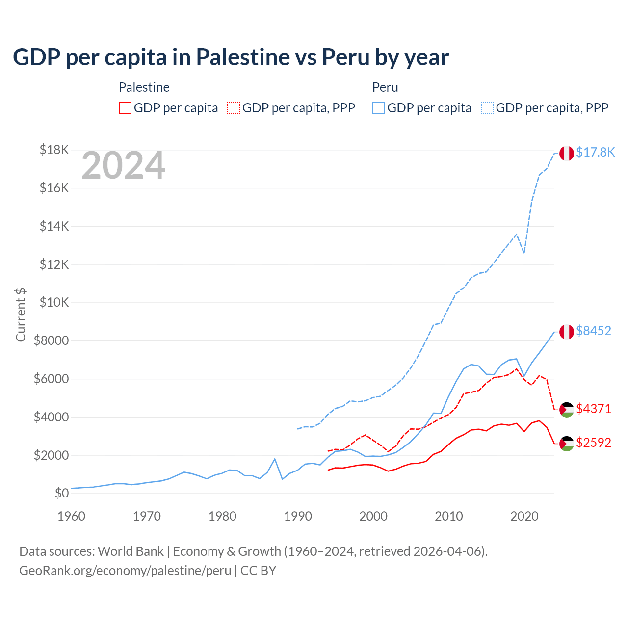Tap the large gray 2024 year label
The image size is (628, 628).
123,166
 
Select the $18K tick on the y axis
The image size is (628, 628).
54,150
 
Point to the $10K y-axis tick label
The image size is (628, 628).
54,302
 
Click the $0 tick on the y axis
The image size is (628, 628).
61,493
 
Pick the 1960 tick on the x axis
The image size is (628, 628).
71,516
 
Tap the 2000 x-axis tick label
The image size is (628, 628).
373,516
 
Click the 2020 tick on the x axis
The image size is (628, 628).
524,516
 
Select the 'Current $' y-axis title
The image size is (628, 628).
21,314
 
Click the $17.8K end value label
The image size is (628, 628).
595,153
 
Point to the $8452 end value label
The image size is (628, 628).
594,331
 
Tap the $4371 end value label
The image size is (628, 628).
594,409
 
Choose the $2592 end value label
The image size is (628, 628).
594,443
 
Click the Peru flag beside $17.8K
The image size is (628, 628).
567,153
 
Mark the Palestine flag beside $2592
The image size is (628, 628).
567,444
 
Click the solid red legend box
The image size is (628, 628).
125,108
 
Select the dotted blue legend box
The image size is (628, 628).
487,108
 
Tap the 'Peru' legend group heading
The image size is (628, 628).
385,87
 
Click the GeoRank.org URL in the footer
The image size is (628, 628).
125,571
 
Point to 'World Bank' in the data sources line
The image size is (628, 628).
131,551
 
